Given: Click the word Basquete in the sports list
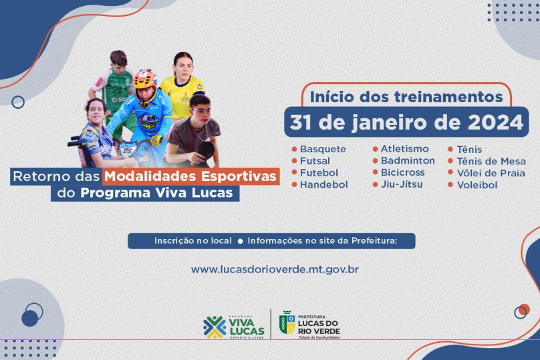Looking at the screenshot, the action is tap(323, 149).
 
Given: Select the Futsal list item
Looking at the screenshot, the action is tap(315, 161).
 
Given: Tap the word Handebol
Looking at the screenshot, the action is tap(323, 184).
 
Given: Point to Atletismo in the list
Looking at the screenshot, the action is tap(404, 149).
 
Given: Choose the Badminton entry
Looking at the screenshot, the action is tap(408, 160).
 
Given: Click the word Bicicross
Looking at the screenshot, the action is tap(402, 172).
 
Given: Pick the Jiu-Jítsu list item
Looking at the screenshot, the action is tap(402, 184).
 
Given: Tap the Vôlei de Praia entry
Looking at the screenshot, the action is tap(491, 173).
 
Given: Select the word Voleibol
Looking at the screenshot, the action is tap(477, 185).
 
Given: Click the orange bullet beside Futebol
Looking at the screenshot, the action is tap(294, 172).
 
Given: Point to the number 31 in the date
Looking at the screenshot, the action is tap(301, 122).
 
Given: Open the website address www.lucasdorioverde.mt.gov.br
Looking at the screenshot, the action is tap(275, 269).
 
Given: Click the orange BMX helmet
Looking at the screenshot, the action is tap(144, 78).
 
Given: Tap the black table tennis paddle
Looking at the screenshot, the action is tap(205, 151).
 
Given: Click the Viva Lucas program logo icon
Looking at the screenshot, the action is tap(215, 327).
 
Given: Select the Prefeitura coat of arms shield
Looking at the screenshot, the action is tap(287, 323).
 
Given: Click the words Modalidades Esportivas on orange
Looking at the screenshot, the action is tap(190, 176).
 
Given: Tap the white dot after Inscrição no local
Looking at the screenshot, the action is tap(241, 241).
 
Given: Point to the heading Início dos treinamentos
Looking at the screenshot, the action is tap(406, 97).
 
